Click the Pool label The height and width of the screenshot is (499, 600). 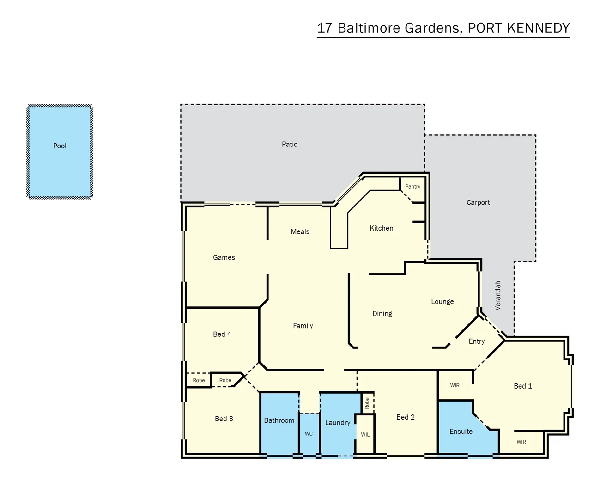(x=60, y=146)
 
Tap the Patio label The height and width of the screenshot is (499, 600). (x=290, y=145)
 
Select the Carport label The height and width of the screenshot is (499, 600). (x=478, y=203)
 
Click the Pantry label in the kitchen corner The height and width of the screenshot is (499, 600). (x=412, y=187)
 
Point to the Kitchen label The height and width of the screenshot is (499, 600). (x=382, y=228)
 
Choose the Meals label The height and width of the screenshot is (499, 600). (x=300, y=232)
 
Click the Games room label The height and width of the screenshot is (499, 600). (x=224, y=258)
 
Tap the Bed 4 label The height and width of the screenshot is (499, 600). (x=222, y=335)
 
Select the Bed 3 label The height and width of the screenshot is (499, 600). (x=224, y=419)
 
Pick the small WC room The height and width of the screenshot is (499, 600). (x=309, y=434)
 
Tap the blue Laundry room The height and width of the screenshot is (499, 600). (x=338, y=423)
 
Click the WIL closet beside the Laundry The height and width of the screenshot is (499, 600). (x=365, y=435)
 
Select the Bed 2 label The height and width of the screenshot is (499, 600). (x=406, y=417)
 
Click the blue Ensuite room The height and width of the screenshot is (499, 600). (x=461, y=432)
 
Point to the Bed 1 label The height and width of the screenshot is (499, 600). (x=523, y=386)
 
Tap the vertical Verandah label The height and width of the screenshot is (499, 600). (x=498, y=296)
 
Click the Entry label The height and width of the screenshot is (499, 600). (x=477, y=341)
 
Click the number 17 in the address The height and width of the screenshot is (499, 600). (x=325, y=28)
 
